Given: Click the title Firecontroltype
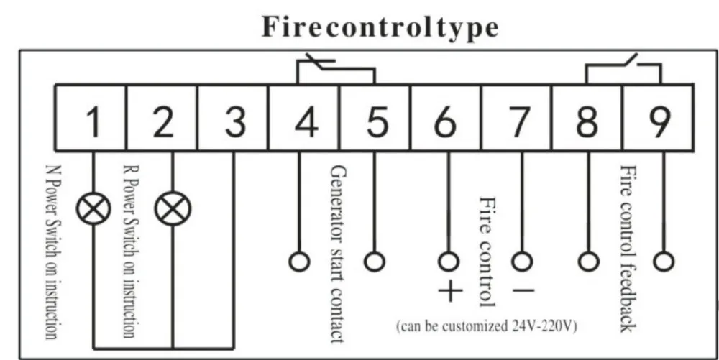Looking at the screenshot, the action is pyautogui.click(x=380, y=27).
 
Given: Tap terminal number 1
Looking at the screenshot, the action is pyautogui.click(x=93, y=122).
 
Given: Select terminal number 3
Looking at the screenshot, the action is pyautogui.click(x=235, y=122).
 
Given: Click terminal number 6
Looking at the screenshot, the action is pyautogui.click(x=445, y=122).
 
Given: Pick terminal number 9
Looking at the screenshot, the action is pyautogui.click(x=659, y=122).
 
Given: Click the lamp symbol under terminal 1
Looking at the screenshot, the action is pyautogui.click(x=93, y=209).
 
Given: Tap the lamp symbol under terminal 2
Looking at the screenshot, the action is pyautogui.click(x=173, y=209).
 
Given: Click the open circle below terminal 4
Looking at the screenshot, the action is pyautogui.click(x=299, y=262).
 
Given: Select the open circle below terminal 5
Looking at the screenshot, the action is pyautogui.click(x=374, y=262).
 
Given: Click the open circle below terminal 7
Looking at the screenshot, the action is pyautogui.click(x=522, y=262).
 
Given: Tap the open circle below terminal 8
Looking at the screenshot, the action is pyautogui.click(x=588, y=262).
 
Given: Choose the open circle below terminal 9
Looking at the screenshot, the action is pyautogui.click(x=664, y=262).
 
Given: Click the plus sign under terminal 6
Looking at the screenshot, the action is pyautogui.click(x=450, y=291).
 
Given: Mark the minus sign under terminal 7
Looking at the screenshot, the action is pyautogui.click(x=522, y=290).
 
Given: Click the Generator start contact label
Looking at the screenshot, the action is pyautogui.click(x=337, y=254).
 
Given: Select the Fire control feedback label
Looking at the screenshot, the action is pyautogui.click(x=628, y=249).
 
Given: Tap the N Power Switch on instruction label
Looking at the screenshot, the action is pyautogui.click(x=52, y=252).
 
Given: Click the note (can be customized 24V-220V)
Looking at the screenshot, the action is pyautogui.click(x=487, y=326).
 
